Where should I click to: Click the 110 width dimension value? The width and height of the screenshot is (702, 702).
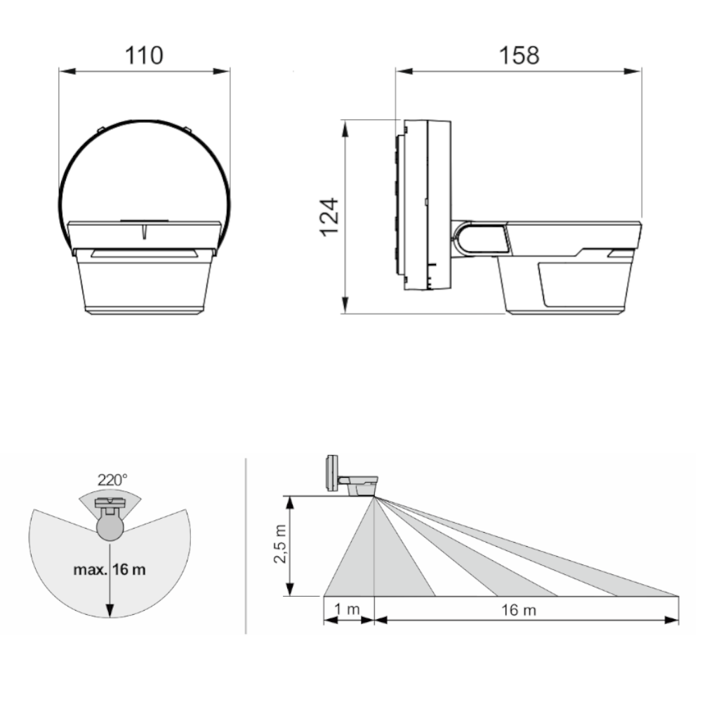point(144,55)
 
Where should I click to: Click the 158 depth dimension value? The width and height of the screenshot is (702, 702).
point(519,55)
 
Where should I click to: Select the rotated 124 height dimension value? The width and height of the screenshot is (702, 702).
point(329,217)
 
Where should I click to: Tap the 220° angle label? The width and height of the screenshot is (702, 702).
point(112,480)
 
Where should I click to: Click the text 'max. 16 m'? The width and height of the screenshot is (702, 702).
point(110,569)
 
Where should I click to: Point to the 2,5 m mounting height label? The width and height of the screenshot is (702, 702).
point(280,544)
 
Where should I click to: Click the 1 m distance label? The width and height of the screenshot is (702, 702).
point(347,609)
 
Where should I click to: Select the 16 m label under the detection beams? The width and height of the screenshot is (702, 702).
point(519,610)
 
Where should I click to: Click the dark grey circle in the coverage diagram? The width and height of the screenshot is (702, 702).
point(110,528)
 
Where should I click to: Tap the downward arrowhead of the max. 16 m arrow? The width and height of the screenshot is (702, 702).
point(110,610)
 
